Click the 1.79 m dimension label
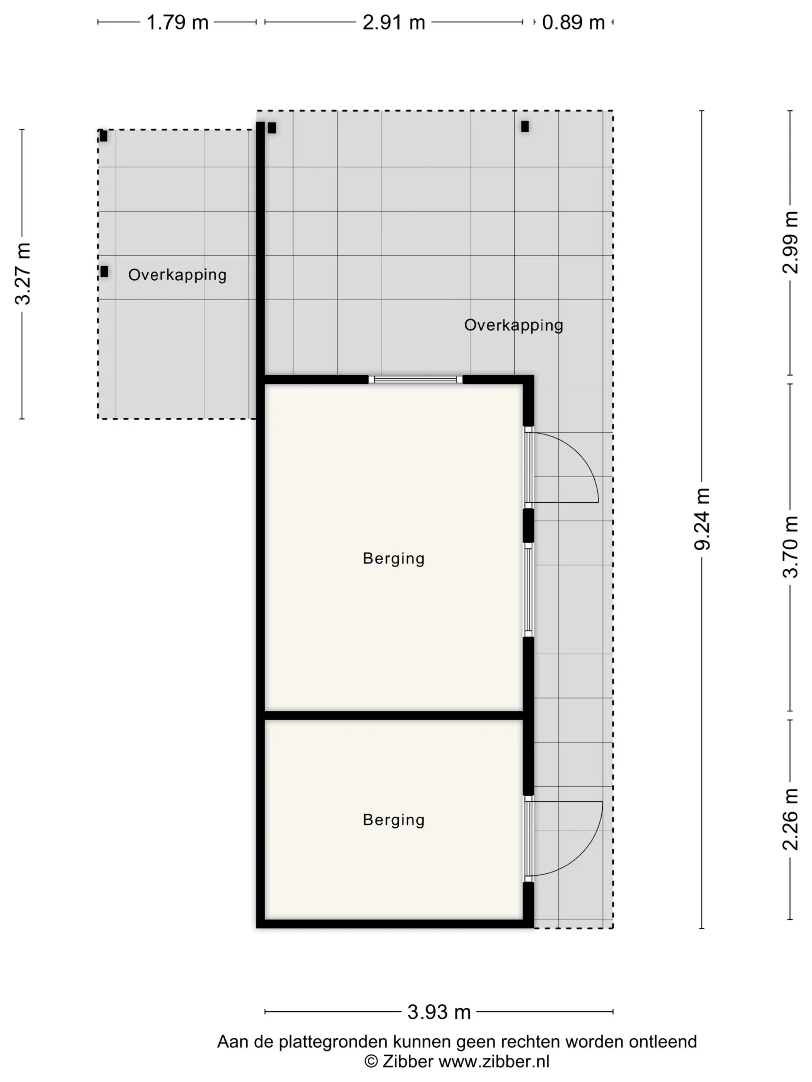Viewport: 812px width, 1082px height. point(177,22)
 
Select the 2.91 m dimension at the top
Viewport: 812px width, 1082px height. point(394,22)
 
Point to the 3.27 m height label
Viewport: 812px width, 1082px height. point(22,274)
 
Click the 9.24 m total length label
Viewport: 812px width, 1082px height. point(702,519)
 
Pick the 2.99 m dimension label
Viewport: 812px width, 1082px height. point(790,242)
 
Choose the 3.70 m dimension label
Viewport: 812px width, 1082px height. point(790,547)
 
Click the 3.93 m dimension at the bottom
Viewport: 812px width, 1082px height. point(439,1012)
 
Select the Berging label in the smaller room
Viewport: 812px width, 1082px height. point(394,820)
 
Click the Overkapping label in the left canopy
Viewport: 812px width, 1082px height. point(177,275)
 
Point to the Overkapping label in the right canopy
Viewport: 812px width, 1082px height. point(513,325)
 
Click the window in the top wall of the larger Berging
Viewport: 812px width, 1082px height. point(416,379)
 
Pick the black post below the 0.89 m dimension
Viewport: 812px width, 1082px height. point(525,127)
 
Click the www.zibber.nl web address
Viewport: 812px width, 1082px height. point(494,1062)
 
